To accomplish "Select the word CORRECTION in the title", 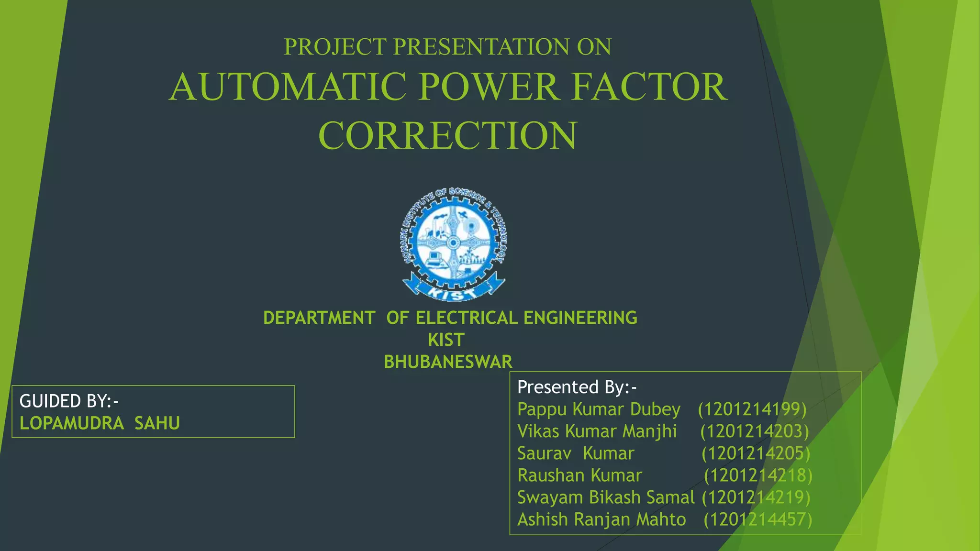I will (448, 135).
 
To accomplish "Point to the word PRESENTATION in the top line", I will (481, 47).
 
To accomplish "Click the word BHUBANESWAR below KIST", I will (448, 362).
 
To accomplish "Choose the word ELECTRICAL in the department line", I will (467, 318).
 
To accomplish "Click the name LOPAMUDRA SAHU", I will (100, 423).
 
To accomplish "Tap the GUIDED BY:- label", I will (69, 401).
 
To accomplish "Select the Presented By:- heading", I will (577, 387).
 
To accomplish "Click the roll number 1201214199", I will (752, 409).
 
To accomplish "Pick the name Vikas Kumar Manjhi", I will (597, 431).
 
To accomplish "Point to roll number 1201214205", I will (756, 453).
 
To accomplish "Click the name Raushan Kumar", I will (579, 475).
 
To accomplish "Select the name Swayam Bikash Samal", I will (605, 497).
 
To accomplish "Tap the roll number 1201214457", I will (758, 519).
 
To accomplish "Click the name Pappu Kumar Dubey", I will (599, 409).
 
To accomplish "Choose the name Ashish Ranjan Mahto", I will (601, 519).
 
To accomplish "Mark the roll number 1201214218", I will (758, 475).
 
